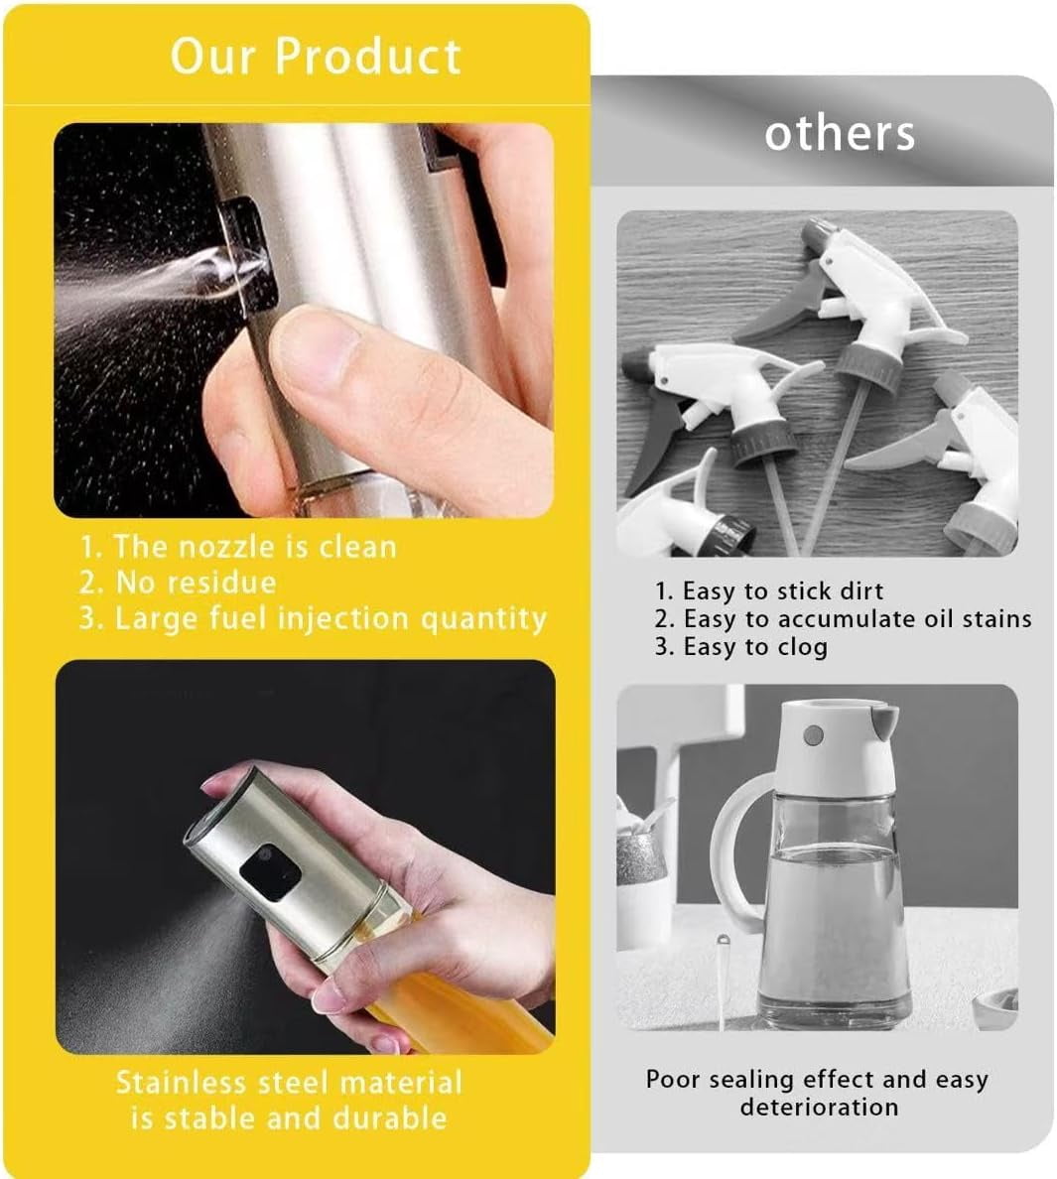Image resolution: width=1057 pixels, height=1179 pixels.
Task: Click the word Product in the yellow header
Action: click(x=367, y=56)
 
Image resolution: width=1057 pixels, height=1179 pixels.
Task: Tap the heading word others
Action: click(x=840, y=134)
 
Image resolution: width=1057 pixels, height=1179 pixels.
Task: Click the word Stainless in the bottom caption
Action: click(x=182, y=1083)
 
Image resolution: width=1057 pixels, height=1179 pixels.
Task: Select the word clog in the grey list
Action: click(x=803, y=647)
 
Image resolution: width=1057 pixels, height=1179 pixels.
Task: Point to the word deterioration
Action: click(x=819, y=1107)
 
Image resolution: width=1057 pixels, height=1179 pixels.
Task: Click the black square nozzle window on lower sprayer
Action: click(x=270, y=872)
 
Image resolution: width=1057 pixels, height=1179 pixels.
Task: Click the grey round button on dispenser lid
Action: click(x=813, y=735)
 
